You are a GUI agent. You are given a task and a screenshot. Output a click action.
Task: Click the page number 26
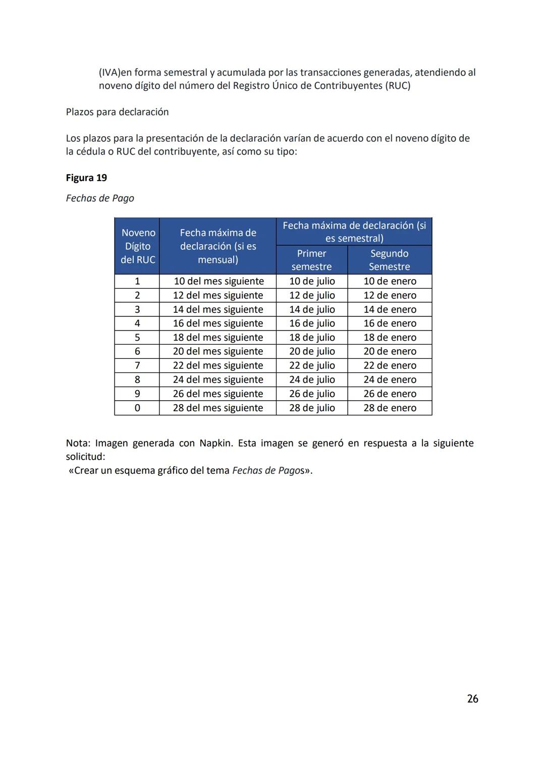472,699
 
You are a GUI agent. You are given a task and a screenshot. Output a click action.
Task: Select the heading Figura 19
86,178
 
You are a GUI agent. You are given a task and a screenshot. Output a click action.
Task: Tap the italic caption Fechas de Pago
100,198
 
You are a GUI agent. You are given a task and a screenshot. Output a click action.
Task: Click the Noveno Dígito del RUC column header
137,246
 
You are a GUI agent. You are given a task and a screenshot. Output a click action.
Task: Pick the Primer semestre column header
311,260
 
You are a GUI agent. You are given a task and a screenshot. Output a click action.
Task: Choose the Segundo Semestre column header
389,260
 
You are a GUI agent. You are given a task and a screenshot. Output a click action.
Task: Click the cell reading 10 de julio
312,282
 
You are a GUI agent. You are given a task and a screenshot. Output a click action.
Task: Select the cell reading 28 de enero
390,408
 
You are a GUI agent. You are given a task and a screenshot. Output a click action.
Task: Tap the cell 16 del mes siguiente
218,323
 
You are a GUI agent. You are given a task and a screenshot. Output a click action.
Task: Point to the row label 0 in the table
137,408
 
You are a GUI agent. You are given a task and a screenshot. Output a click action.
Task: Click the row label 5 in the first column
137,338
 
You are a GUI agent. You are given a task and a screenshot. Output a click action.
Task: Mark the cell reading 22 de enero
390,366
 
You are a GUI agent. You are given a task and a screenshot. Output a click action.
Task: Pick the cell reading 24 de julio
312,380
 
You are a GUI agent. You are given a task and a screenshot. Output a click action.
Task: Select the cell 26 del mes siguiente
218,394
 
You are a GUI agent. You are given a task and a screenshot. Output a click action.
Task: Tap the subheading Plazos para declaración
117,112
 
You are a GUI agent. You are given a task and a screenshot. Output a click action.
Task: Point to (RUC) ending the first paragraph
398,86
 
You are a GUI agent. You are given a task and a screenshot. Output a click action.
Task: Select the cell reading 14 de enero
390,310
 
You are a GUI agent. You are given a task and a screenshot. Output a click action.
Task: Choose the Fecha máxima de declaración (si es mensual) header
218,246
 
